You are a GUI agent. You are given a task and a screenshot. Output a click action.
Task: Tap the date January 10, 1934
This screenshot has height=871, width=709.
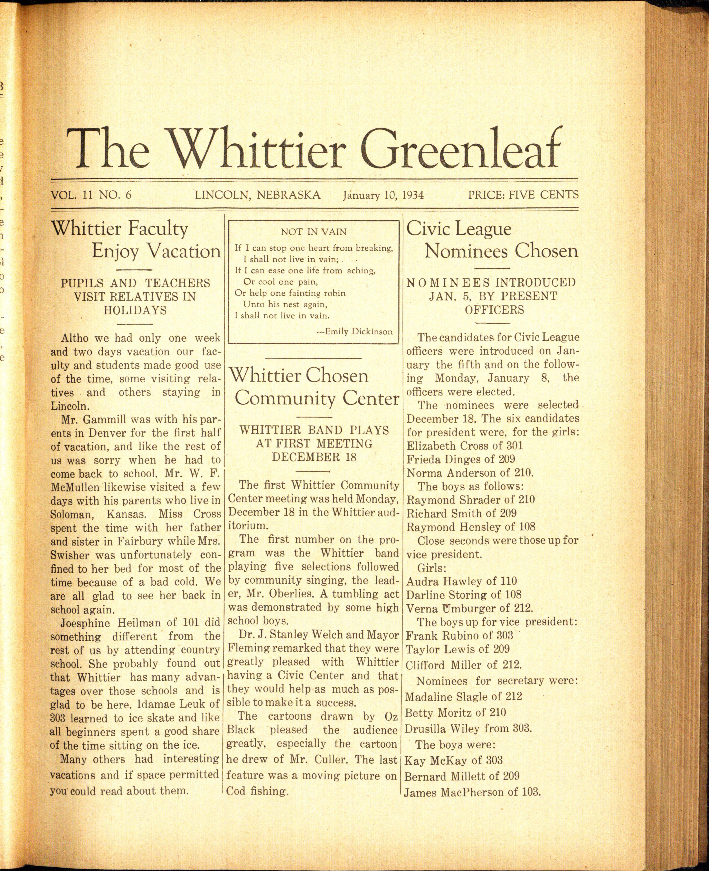(383, 195)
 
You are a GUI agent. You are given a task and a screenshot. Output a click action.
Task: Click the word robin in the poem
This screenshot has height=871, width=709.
(332, 293)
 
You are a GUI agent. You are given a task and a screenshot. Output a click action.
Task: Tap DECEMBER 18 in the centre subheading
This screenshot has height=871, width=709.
(314, 457)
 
